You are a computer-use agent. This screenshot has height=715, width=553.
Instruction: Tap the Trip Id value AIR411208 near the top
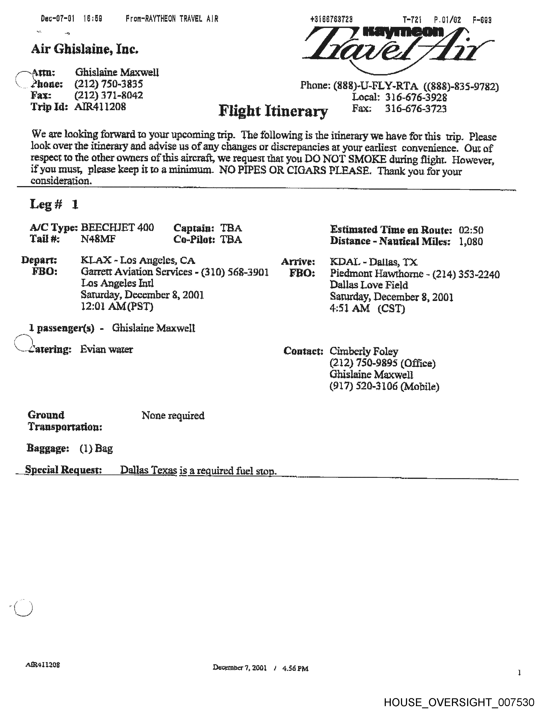100,107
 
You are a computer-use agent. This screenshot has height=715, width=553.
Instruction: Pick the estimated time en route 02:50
471,230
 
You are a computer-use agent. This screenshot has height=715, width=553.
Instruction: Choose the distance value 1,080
471,242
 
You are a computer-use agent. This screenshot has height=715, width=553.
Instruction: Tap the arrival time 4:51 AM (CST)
367,308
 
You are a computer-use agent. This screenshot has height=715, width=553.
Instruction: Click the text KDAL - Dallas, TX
373,262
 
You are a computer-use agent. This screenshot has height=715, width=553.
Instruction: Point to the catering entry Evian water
106,349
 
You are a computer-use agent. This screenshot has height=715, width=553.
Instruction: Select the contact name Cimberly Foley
364,351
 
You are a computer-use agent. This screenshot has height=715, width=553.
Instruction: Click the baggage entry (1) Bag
96,448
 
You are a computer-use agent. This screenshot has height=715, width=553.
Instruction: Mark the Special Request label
64,470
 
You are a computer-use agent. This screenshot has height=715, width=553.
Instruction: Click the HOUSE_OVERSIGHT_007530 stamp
459,702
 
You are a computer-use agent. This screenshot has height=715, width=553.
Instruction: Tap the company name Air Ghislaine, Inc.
85,49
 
